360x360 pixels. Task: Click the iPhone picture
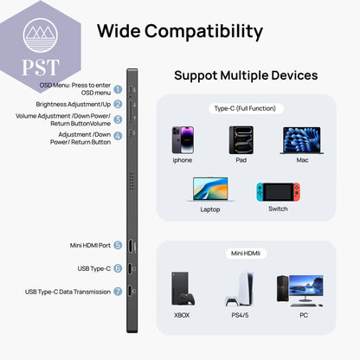[183, 140]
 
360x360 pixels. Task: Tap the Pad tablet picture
[241, 140]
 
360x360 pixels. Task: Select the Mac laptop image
[302, 140]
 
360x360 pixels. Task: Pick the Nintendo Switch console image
[278, 192]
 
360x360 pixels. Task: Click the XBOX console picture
[183, 288]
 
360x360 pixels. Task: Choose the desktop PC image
[300, 290]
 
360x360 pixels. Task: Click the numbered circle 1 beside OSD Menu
[118, 89]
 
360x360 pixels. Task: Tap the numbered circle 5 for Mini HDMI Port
[118, 245]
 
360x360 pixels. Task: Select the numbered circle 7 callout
[118, 292]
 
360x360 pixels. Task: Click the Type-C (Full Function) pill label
[246, 108]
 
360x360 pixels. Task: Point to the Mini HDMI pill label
[246, 254]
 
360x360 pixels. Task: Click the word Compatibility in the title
[203, 32]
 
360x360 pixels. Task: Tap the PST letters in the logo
[41, 67]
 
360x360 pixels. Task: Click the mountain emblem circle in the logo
[41, 35]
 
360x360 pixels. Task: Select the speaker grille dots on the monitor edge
[132, 182]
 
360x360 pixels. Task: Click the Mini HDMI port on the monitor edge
[131, 247]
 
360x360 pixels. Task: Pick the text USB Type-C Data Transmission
[67, 292]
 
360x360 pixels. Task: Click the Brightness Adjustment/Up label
[74, 104]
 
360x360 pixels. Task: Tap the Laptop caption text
[210, 209]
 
